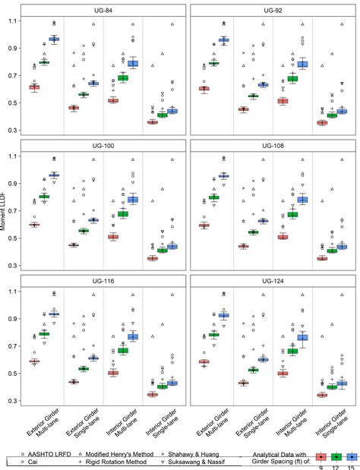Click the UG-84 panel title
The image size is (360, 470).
(103, 10)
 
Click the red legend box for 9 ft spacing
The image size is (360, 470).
(321, 457)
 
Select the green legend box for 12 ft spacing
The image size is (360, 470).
(336, 457)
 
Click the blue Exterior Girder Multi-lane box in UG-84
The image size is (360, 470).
(54, 39)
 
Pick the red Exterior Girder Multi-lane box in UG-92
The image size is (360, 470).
(204, 89)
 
